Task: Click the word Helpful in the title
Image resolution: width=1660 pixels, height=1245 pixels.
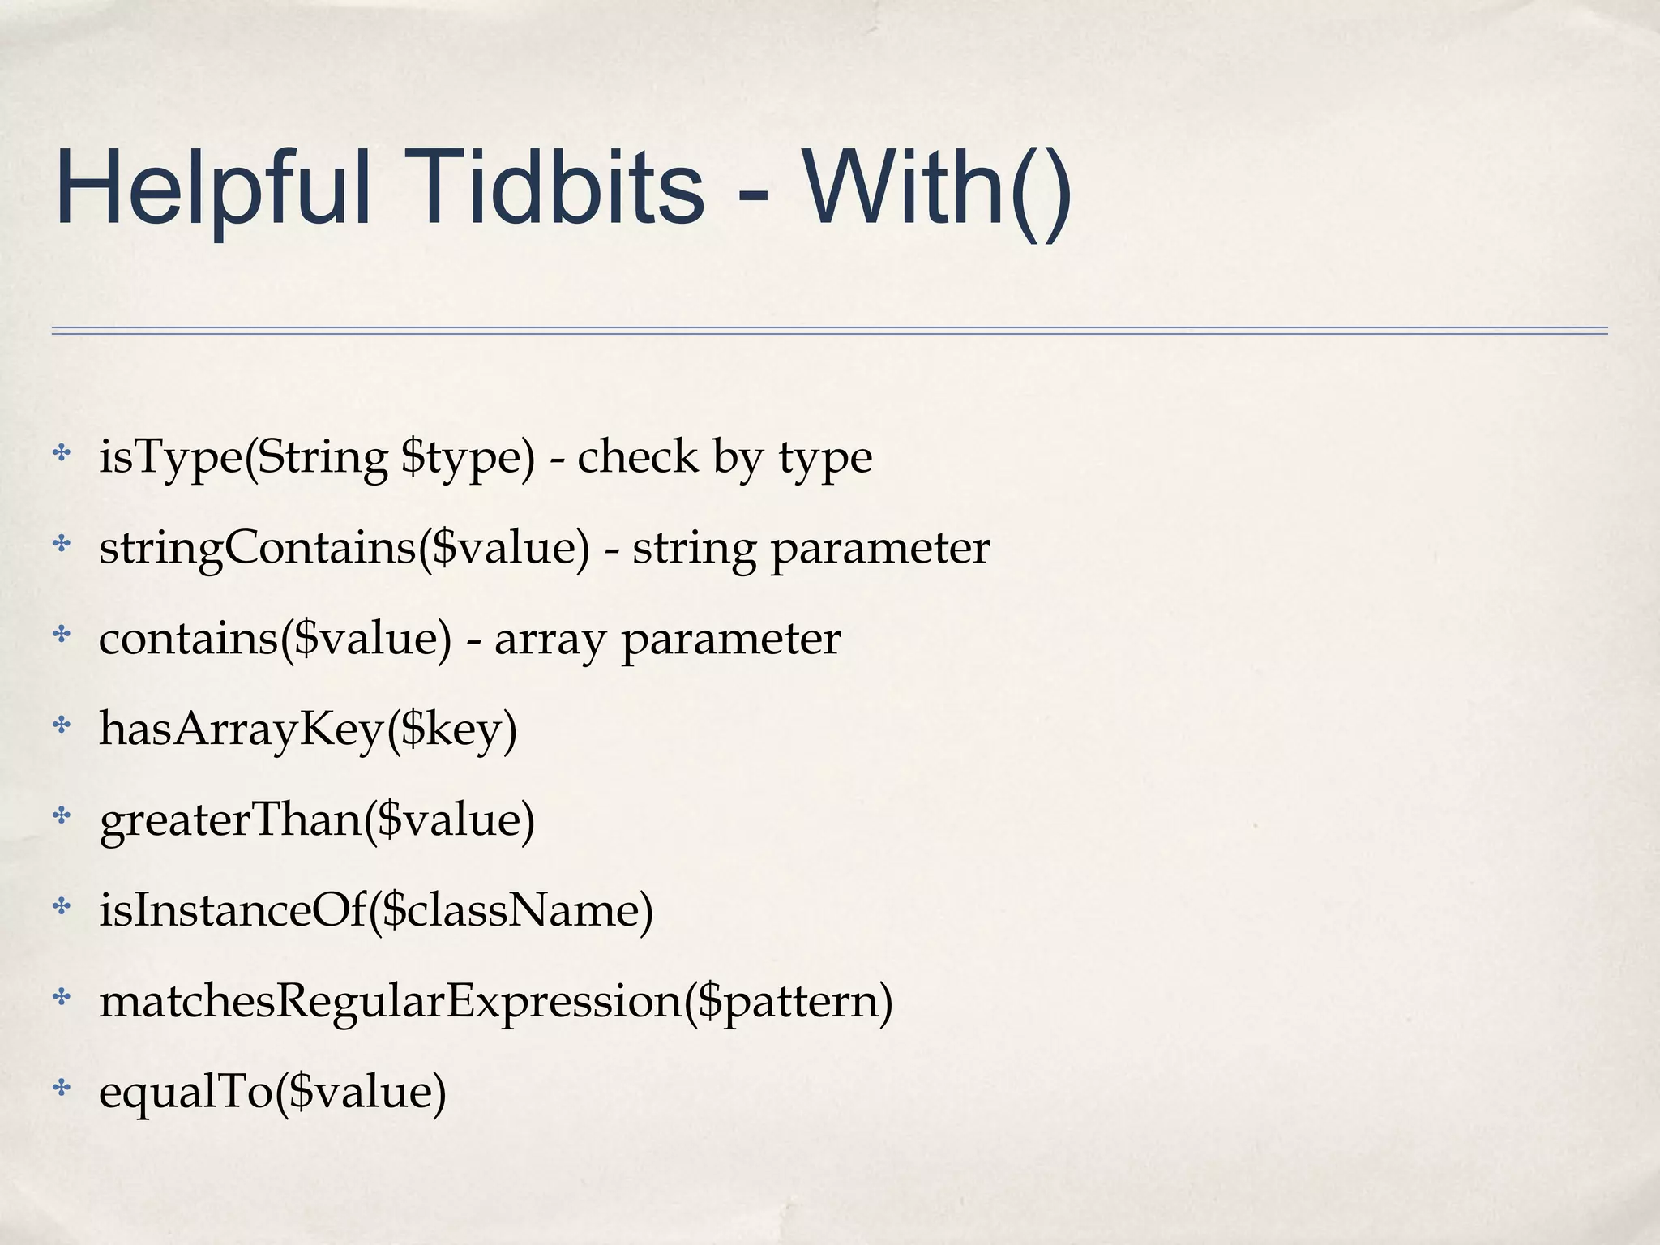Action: [x=213, y=188]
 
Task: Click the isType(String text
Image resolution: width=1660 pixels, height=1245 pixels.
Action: [x=243, y=457]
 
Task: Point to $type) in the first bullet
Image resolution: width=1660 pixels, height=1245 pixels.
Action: [x=468, y=457]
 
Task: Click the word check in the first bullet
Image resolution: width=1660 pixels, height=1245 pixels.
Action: [x=637, y=457]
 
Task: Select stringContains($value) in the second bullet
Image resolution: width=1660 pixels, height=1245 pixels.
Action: [x=344, y=548]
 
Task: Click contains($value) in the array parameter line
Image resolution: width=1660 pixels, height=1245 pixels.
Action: [x=275, y=639]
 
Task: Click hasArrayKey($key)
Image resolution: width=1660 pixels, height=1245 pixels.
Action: [x=308, y=729]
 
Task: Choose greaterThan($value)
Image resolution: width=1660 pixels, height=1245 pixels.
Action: [x=317, y=820]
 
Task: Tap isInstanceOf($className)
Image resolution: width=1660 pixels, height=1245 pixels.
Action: [x=376, y=910]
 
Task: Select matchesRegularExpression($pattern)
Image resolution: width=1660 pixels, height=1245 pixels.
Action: [x=496, y=1002]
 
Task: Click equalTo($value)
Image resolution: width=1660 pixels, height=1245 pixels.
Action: [x=272, y=1092]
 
